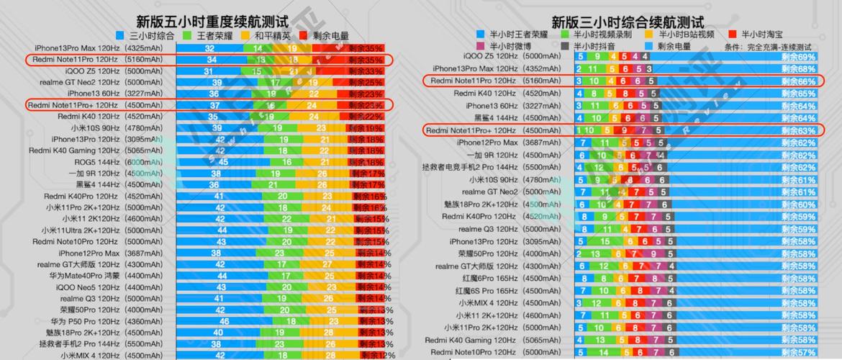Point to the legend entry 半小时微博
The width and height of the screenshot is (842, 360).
504,46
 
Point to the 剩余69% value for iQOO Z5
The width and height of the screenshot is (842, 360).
799,56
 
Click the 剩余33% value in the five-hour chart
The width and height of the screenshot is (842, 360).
366,71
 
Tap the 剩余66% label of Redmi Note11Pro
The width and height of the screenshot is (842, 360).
799,81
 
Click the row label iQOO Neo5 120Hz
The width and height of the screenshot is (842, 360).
87,287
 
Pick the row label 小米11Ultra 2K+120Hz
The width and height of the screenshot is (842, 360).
80,230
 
